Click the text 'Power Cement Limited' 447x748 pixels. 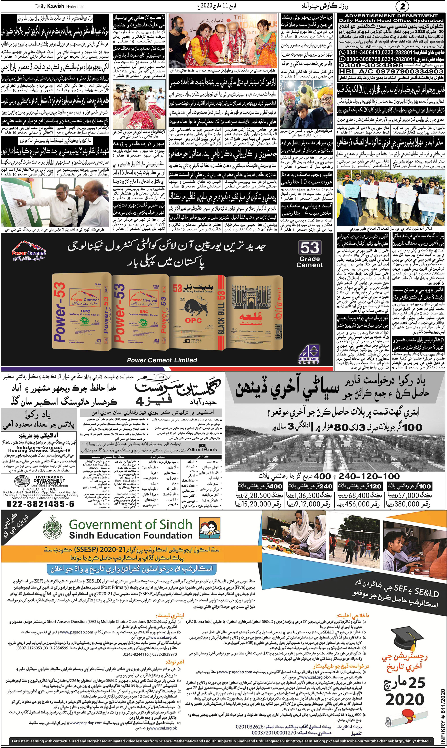click(162, 360)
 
